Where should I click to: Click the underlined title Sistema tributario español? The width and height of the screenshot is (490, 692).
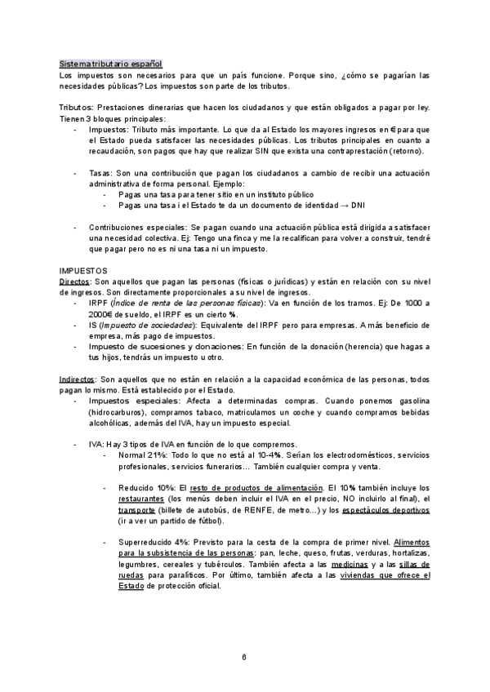coord(110,64)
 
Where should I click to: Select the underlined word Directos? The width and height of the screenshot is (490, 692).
coord(75,281)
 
